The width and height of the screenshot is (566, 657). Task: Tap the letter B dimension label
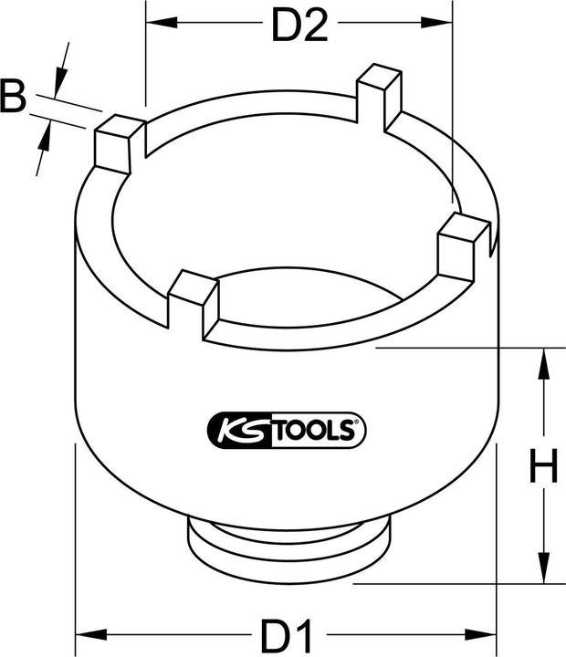click(13, 98)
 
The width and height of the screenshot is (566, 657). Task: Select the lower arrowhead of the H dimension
click(544, 570)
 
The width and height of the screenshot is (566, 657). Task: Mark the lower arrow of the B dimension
click(44, 138)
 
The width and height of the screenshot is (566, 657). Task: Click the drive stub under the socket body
click(290, 543)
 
